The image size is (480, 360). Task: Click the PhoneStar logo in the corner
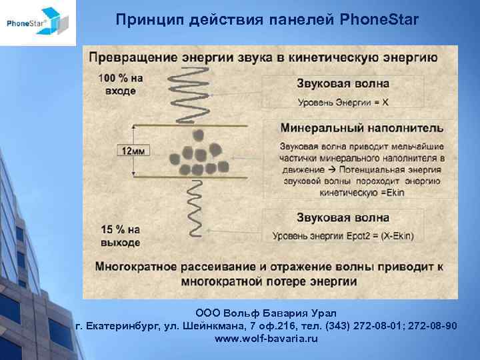[37, 23]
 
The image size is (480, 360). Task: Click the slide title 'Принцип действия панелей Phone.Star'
[267, 20]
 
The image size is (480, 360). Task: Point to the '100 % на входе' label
[121, 83]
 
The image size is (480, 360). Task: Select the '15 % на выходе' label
[121, 235]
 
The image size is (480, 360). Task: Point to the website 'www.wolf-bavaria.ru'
[267, 339]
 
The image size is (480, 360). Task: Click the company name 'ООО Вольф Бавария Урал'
[267, 313]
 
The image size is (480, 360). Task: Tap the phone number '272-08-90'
[433, 325]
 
